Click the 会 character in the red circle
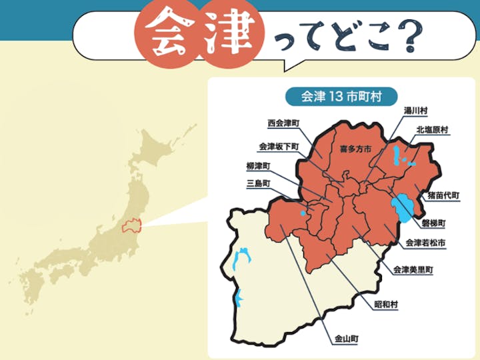tap(165, 35)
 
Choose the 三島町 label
tap(257, 183)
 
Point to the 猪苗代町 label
tap(443, 195)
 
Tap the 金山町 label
tap(346, 339)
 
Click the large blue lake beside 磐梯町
tap(401, 209)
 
